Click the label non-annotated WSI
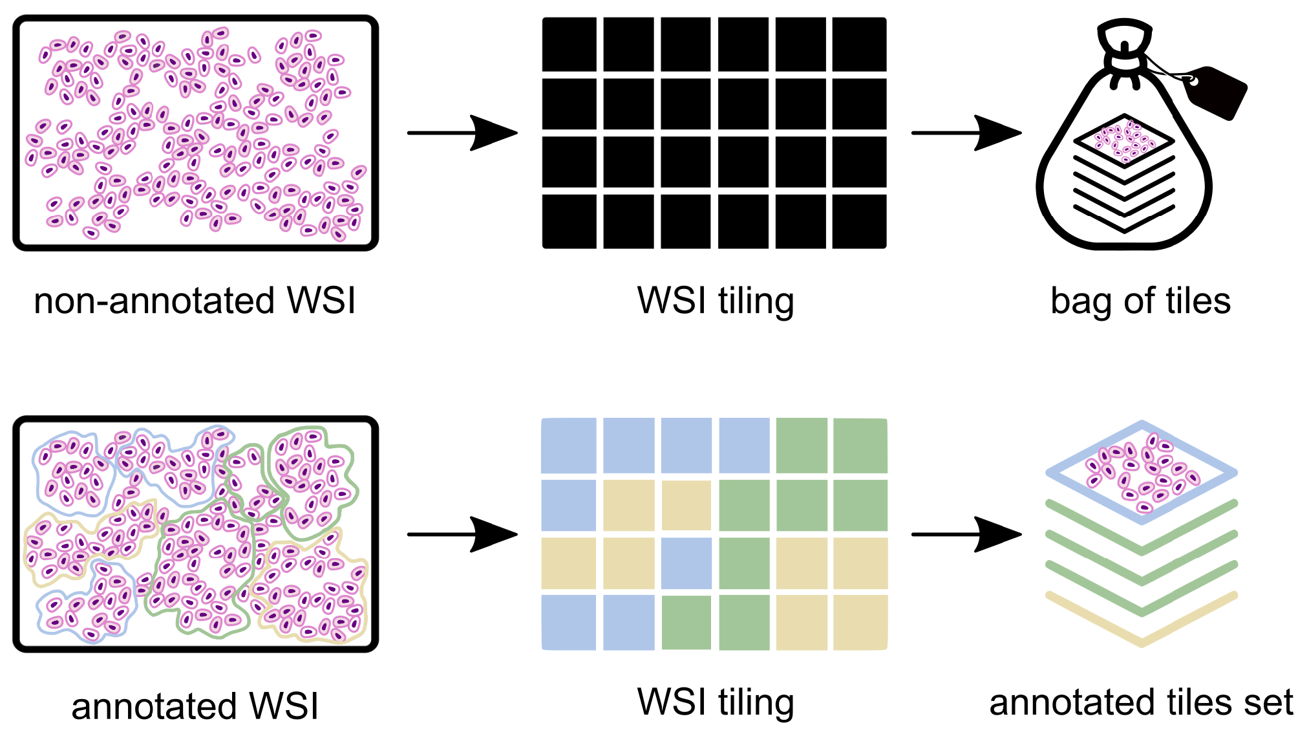coord(195,301)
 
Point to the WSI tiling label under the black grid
coord(715,301)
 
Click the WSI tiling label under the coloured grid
coord(715,703)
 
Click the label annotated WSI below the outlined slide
coord(195,706)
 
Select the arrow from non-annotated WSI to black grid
coord(462,133)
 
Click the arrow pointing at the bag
coord(966,133)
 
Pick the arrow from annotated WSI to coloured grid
coord(462,534)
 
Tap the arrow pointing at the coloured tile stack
coord(966,534)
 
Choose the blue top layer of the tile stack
coord(1142,473)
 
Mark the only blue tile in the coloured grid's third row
coord(686,563)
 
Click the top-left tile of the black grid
coord(569,45)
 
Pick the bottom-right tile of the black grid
coord(859,221)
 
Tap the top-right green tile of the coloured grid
coord(860,446)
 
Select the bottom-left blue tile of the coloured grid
coord(569,622)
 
